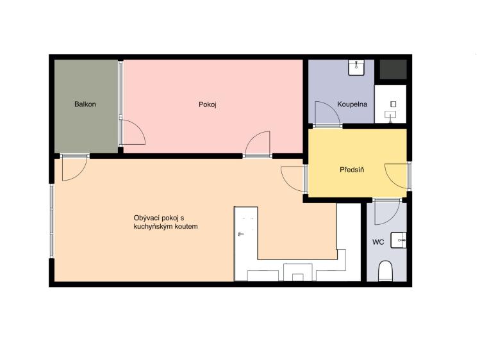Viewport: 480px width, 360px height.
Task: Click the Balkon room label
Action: point(85,104)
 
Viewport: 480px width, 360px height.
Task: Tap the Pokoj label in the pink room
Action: point(208,104)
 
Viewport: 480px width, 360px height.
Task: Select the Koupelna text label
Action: point(352,104)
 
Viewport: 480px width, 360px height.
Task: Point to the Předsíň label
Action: point(352,170)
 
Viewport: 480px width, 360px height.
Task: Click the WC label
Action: point(378,242)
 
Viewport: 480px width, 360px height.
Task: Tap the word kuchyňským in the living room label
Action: point(153,227)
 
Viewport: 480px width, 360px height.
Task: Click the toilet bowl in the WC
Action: point(385,271)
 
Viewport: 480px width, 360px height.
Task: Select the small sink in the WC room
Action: point(399,240)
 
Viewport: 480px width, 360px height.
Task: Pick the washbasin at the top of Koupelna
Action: point(356,67)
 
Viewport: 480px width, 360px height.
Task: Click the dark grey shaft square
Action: point(393,69)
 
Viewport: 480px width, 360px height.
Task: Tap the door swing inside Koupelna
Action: point(327,114)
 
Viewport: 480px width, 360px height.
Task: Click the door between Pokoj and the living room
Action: point(258,144)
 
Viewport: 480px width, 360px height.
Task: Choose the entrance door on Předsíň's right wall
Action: point(397,176)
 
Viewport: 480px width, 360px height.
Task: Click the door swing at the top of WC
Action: point(387,212)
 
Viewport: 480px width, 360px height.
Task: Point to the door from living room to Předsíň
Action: point(294,179)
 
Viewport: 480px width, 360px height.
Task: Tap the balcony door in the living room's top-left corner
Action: point(75,168)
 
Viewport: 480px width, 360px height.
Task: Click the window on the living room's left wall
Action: point(52,221)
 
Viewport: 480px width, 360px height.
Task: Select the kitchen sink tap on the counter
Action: point(241,234)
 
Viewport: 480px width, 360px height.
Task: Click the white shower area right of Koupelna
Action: point(390,104)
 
